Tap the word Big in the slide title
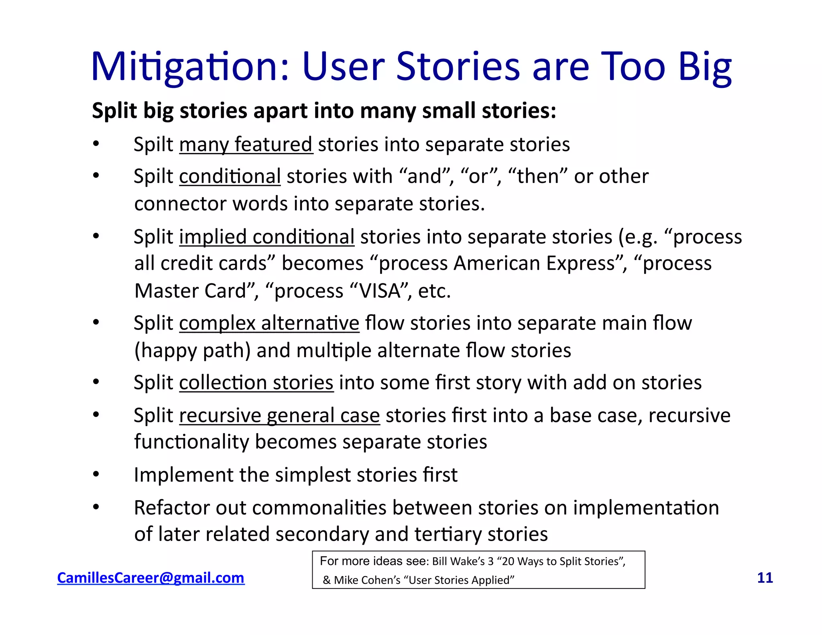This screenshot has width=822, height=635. (x=705, y=67)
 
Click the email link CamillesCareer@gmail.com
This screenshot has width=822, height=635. (x=151, y=578)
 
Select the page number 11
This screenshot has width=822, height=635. (x=765, y=578)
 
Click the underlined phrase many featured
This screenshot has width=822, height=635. (x=246, y=145)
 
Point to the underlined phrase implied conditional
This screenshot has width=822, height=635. (x=267, y=237)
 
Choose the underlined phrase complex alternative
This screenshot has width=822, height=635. (x=269, y=323)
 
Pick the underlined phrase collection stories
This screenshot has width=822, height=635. (x=256, y=383)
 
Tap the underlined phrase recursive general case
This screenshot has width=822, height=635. (x=279, y=415)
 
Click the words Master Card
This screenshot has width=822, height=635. (x=190, y=291)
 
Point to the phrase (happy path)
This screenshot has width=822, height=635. (x=192, y=350)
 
